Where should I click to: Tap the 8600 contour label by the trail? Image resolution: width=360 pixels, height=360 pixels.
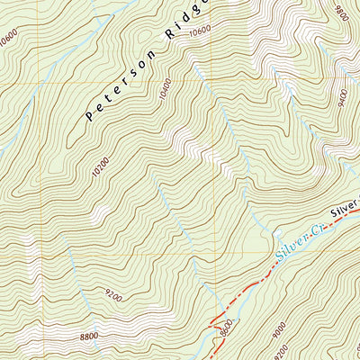point(227,325)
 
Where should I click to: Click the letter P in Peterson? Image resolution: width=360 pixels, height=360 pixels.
point(89,116)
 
